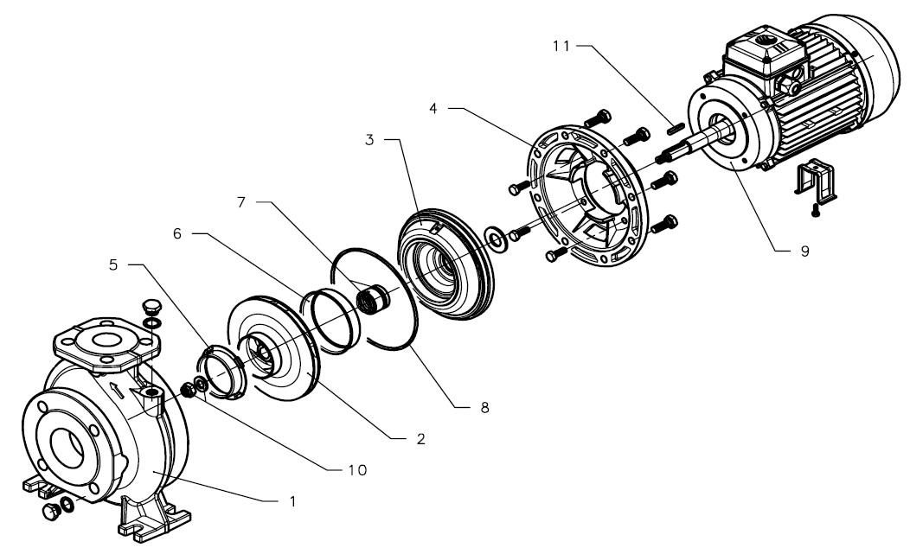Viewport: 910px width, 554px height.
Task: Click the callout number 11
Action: [x=561, y=46]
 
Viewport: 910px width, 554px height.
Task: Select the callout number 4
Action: [x=433, y=109]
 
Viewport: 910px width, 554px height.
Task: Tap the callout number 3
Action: [x=369, y=140]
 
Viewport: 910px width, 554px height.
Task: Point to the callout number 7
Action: [x=241, y=202]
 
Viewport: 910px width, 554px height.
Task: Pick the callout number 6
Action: [x=177, y=233]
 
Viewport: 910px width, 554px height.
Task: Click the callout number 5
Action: [x=113, y=265]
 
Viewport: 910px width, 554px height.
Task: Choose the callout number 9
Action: [x=804, y=252]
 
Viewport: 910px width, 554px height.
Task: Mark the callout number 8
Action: [x=484, y=408]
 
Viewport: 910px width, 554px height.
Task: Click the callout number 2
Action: [x=420, y=439]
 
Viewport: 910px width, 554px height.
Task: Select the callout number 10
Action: [x=357, y=470]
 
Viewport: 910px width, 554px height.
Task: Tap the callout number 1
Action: [x=292, y=501]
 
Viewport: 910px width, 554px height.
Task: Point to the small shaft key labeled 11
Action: [x=676, y=129]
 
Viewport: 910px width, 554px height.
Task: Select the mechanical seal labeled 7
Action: [x=373, y=299]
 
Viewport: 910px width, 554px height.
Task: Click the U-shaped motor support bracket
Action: [x=816, y=179]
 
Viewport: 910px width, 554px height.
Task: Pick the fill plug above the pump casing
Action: [x=151, y=306]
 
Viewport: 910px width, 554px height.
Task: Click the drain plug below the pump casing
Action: [x=52, y=512]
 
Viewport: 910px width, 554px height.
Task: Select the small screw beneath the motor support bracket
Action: [x=816, y=211]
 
